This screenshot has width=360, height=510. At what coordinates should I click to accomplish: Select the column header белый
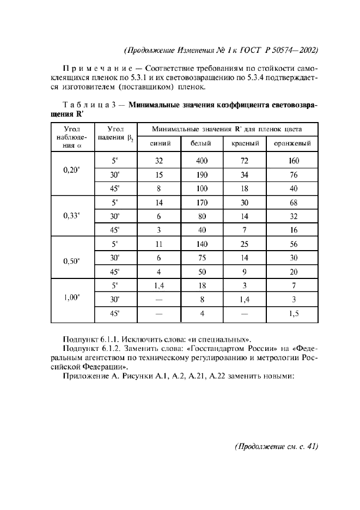(202, 144)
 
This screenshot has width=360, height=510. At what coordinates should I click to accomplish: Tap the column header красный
(244, 144)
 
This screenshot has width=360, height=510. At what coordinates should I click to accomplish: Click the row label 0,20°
(71, 169)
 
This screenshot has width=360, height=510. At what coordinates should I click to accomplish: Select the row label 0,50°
(71, 260)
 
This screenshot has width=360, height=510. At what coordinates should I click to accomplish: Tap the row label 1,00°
(71, 297)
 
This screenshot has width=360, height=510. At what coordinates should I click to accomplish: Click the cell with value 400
(202, 161)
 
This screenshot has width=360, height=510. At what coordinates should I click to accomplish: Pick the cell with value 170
(202, 203)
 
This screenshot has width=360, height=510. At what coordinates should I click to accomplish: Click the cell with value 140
(202, 245)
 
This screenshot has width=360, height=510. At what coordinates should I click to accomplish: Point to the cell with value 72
(244, 161)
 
